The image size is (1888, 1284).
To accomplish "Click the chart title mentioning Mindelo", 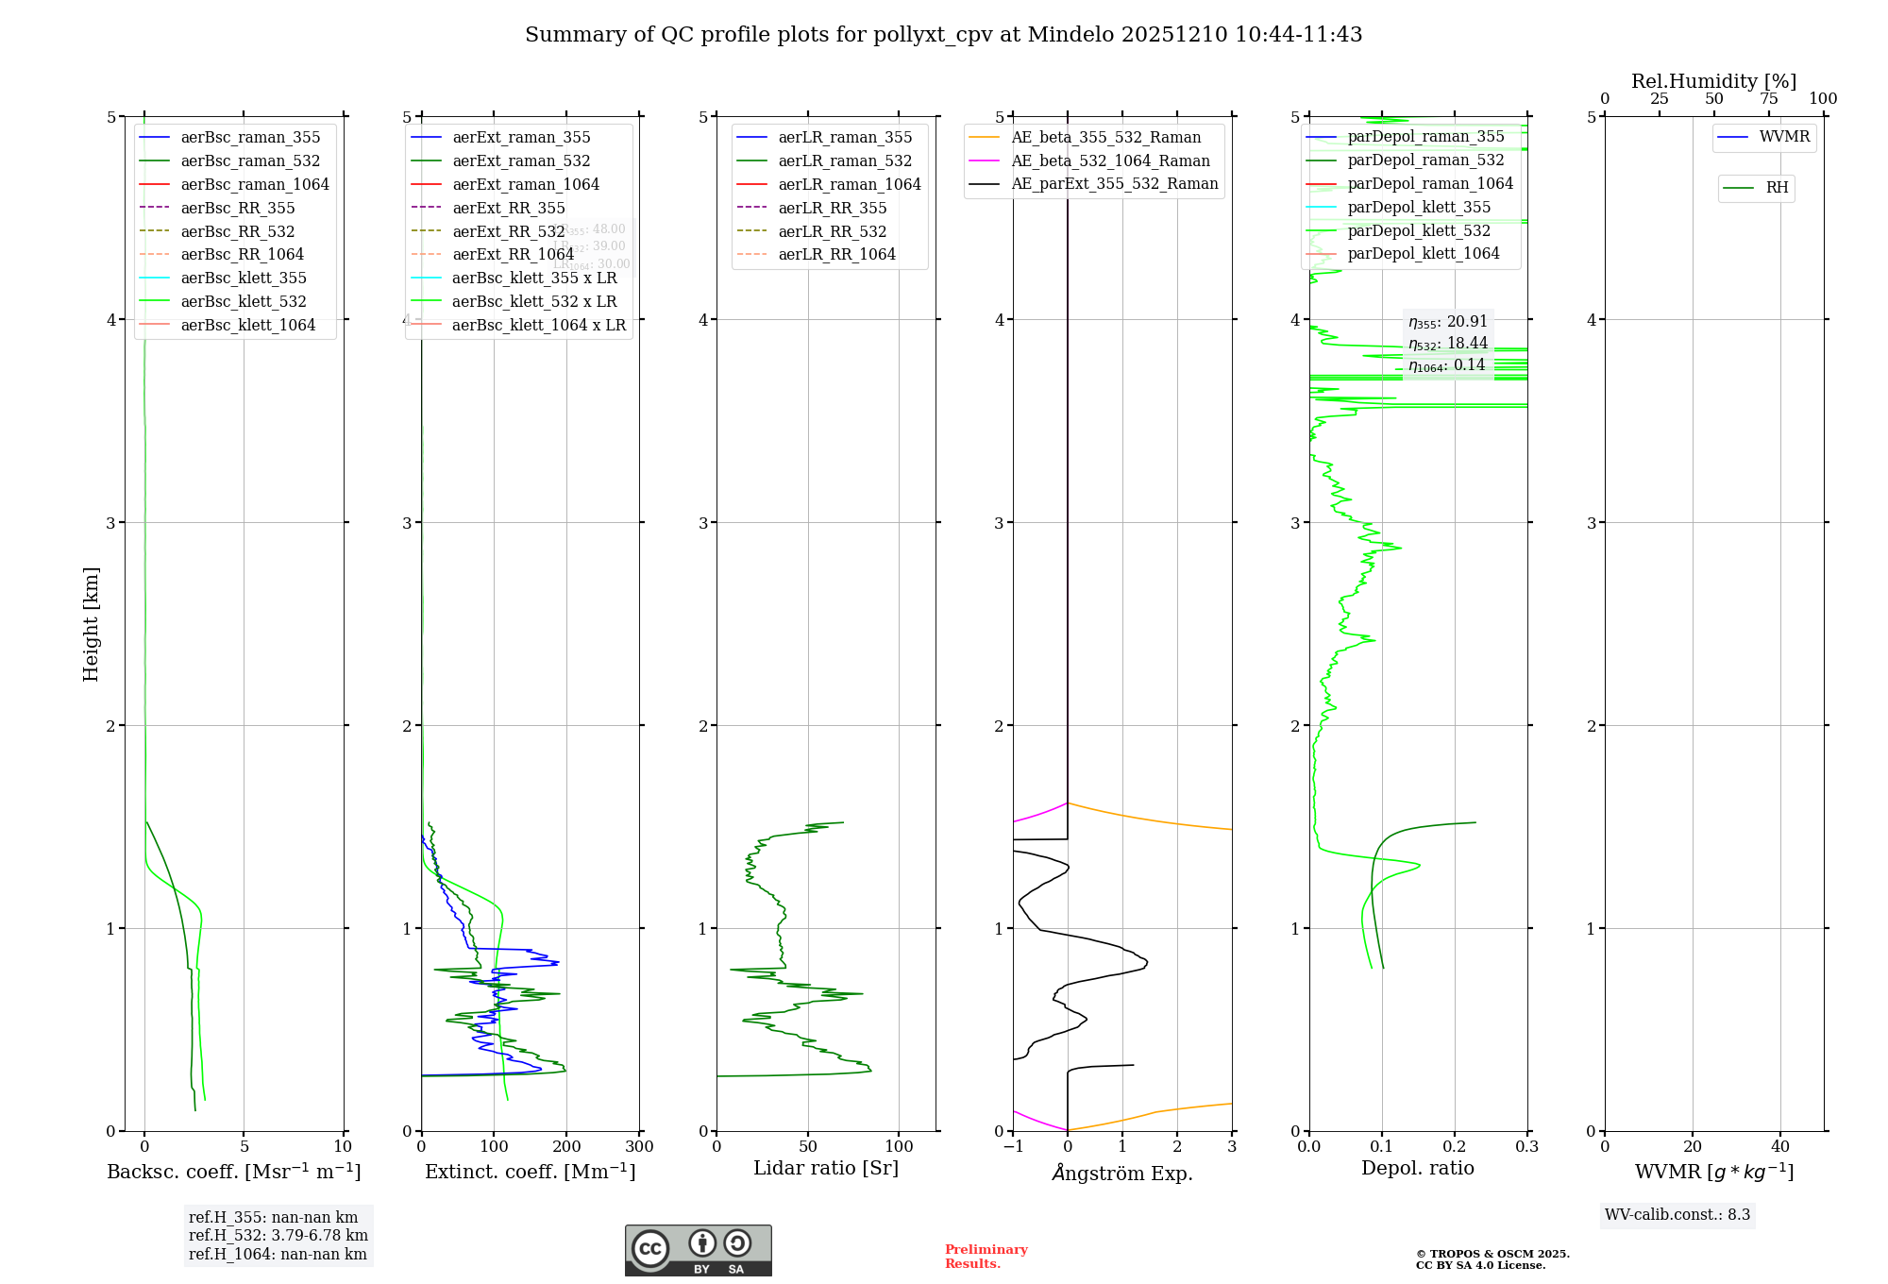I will tap(943, 35).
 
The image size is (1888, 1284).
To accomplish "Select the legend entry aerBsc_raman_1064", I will tap(255, 184).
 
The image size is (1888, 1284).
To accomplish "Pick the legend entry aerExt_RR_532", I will tap(508, 231).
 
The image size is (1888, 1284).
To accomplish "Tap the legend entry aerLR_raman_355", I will tap(845, 137).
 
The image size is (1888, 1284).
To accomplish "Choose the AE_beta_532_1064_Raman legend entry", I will tap(1110, 160).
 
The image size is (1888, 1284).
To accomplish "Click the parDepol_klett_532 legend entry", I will tap(1419, 230).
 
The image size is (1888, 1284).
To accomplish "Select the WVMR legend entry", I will tap(1784, 137).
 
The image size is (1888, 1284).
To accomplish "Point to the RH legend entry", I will tap(1777, 188).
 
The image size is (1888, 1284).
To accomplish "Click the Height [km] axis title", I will tap(91, 623).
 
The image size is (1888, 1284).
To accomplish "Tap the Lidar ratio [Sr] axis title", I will tap(826, 1168).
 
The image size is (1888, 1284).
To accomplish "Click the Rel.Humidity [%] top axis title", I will tap(1713, 81).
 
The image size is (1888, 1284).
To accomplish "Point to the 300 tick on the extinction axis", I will tap(639, 1147).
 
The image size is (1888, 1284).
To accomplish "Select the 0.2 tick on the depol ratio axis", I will tap(1455, 1147).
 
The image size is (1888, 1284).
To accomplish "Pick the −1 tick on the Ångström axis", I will tap(1013, 1147).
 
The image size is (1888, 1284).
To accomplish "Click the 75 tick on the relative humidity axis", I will tap(1769, 99).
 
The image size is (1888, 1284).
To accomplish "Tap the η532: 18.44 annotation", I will tap(1448, 344).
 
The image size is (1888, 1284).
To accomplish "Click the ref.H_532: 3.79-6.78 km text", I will tap(278, 1235).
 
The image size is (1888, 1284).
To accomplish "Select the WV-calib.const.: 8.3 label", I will tap(1677, 1214).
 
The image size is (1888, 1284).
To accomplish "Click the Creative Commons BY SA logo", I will tap(698, 1250).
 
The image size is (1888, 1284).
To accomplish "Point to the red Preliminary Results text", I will tap(986, 1256).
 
